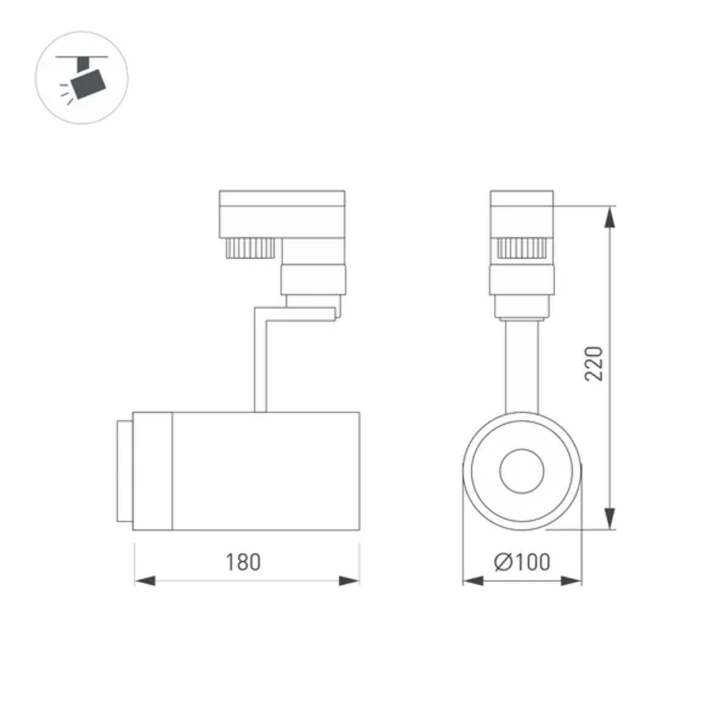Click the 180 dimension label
244,562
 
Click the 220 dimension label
594,363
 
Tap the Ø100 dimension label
522,562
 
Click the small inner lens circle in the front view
522,470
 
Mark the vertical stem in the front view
522,366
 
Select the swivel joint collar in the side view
313,279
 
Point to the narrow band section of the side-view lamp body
153,471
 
